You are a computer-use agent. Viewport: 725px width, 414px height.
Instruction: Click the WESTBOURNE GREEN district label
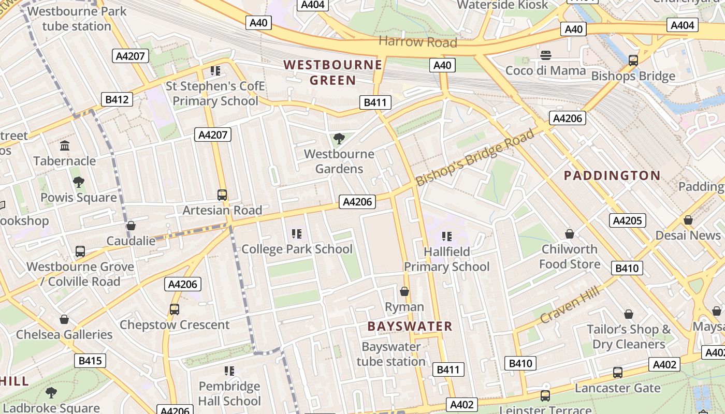333,72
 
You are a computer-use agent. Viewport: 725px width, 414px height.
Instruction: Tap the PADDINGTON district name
612,175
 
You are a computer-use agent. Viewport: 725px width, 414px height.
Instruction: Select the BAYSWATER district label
410,326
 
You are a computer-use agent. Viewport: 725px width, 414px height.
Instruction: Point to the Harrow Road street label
418,42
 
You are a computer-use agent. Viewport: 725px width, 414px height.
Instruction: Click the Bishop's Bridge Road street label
475,158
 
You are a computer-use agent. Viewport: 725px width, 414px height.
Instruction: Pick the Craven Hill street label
570,305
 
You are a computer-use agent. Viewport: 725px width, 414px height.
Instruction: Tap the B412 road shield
117,99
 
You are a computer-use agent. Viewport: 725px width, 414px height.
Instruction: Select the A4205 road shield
627,220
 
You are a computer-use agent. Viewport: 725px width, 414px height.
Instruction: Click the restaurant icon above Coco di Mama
545,55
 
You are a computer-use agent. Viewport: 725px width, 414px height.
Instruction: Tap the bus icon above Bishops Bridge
633,61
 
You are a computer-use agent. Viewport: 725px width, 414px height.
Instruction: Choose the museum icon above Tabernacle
65,145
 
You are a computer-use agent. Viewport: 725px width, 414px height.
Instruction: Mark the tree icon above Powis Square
79,182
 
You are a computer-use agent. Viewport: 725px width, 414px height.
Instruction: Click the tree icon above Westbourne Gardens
339,138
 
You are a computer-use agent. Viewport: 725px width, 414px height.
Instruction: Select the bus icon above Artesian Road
222,195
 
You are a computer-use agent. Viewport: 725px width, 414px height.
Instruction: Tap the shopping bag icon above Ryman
404,292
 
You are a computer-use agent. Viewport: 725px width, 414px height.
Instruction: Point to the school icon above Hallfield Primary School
447,236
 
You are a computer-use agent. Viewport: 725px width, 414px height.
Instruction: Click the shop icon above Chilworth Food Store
570,234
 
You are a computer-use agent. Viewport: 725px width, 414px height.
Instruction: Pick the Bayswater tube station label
391,354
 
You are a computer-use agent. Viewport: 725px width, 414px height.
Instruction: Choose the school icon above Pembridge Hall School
229,371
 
